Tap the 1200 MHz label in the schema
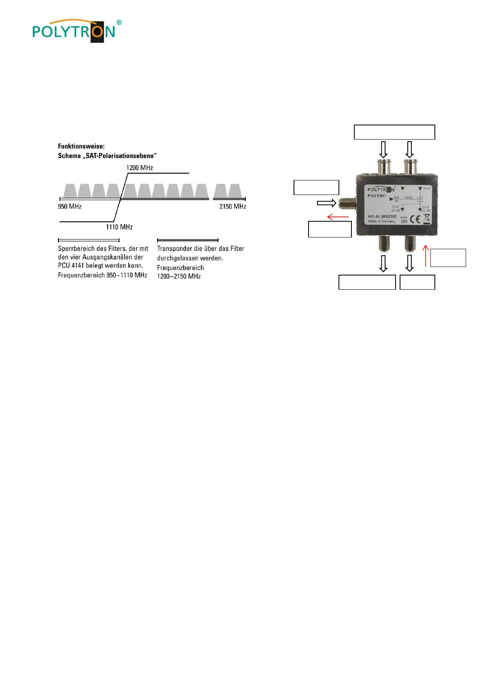click(x=140, y=167)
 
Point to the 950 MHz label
click(x=70, y=206)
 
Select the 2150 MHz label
click(x=232, y=206)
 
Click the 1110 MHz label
click(x=119, y=227)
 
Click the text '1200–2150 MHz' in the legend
click(x=179, y=276)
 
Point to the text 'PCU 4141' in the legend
click(x=71, y=266)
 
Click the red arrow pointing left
click(x=338, y=217)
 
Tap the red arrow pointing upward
click(x=426, y=255)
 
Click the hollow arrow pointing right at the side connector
click(x=326, y=203)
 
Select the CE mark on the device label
click(x=415, y=220)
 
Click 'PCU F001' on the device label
click(x=377, y=196)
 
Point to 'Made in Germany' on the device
click(x=381, y=221)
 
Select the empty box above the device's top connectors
click(x=394, y=132)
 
